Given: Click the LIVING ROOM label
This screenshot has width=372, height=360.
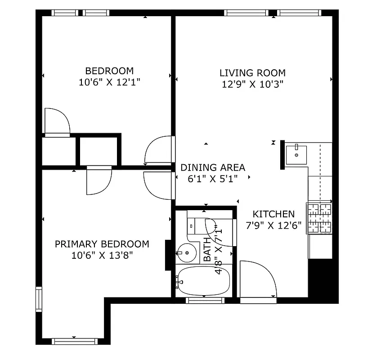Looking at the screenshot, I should (x=252, y=73).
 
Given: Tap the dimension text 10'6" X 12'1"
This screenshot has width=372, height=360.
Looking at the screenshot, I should (x=109, y=82).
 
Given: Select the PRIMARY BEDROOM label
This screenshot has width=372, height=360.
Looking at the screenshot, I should (x=102, y=244).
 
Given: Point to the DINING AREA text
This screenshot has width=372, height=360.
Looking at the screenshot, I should (x=213, y=168).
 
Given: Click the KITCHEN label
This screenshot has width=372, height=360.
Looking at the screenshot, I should (x=273, y=215).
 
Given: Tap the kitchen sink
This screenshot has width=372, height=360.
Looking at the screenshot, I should (x=296, y=154).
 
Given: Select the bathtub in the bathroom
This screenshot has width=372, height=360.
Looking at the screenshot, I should (x=204, y=281).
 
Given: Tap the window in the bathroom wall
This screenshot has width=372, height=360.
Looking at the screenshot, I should (x=205, y=301).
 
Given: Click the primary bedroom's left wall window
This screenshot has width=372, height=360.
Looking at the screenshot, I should (x=39, y=299).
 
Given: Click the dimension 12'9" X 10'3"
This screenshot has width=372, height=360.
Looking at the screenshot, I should (x=252, y=84).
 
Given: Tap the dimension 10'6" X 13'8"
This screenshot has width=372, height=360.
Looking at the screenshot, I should (x=102, y=255).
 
